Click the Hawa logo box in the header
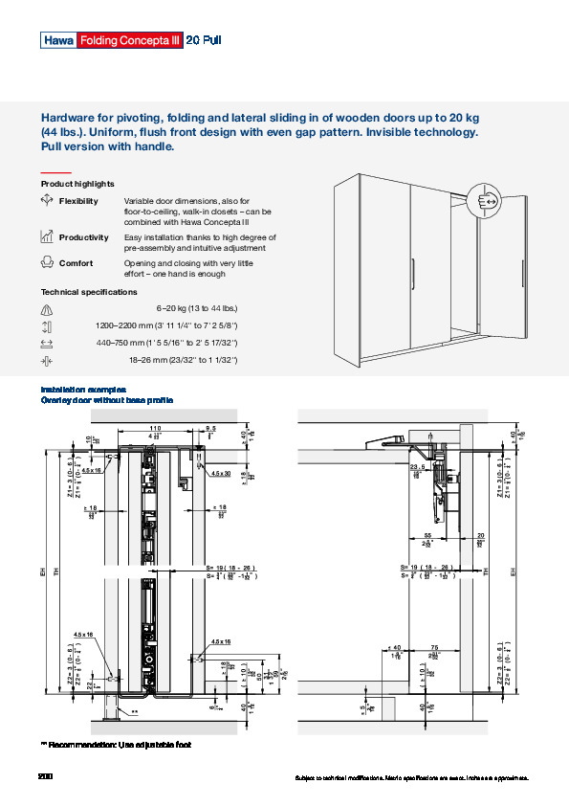[x=56, y=40]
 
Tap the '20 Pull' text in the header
[x=204, y=40]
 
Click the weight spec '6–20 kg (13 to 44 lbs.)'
[x=196, y=308]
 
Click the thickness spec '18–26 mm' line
[x=182, y=359]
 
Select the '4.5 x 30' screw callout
[x=221, y=473]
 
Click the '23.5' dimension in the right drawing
[x=417, y=467]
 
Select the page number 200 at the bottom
[x=45, y=774]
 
